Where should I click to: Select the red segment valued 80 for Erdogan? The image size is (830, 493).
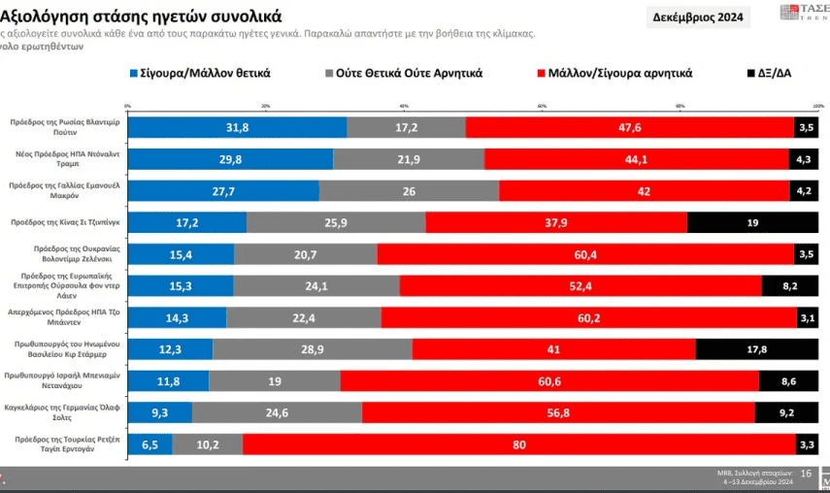519,444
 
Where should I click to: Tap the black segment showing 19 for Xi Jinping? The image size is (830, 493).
752,222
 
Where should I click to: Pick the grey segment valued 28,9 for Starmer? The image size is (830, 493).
313,349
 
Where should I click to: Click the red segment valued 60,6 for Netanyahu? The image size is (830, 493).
549,381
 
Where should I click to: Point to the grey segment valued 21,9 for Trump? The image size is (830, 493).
409,159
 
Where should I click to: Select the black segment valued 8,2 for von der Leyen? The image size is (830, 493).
790,286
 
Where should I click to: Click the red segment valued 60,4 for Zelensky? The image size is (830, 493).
585,254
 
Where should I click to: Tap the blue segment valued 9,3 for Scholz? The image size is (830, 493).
160,412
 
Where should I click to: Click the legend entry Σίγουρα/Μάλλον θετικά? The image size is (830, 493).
199,73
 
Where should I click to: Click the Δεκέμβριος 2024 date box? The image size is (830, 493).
698,16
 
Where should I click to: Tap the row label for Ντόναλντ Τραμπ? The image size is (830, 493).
66,159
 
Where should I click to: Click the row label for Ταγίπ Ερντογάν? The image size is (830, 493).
66,444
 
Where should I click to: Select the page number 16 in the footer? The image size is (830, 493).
806,473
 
